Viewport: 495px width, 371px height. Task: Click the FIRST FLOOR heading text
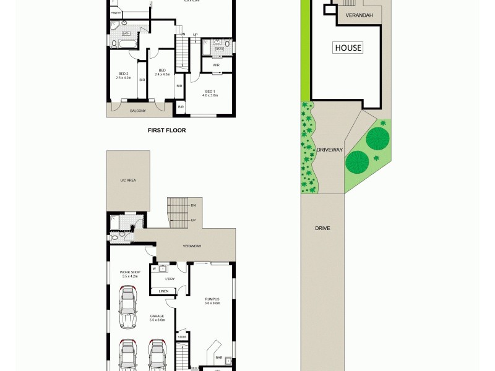click(166, 130)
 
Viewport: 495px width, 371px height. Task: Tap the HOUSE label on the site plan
click(348, 48)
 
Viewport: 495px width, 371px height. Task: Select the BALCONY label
click(137, 111)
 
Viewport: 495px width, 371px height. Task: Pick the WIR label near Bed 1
click(216, 64)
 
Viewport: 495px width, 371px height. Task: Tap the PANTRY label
click(116, 12)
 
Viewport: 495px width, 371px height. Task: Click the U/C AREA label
click(128, 180)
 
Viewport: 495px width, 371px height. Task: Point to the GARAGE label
click(157, 317)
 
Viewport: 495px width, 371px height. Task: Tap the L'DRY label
click(170, 279)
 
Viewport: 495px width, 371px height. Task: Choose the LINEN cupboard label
click(164, 291)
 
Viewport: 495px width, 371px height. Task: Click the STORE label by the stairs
click(182, 337)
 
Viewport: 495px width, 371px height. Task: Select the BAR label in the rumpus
click(218, 357)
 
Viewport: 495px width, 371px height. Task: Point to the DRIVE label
click(322, 228)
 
